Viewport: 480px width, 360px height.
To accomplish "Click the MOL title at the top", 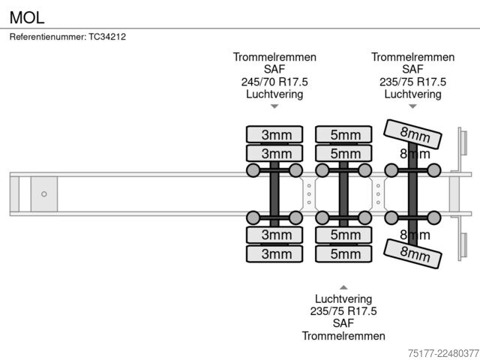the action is [27, 17].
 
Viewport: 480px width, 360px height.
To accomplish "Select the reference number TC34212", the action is [107, 37].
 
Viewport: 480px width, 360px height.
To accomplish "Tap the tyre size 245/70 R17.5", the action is [274, 82].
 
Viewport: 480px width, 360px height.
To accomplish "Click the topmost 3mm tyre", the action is [274, 134].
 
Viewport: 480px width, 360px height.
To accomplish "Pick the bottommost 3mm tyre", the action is [274, 253].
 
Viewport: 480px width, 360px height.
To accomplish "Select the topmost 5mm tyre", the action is [343, 134].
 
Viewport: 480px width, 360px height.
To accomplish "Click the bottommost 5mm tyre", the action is [343, 253].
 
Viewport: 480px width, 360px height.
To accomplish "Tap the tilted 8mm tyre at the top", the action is [412, 134].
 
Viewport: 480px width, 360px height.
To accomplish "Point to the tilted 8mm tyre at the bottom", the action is [412, 253].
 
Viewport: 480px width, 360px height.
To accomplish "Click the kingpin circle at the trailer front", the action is [44, 194].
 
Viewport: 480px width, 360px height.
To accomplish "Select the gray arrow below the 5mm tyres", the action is [343, 287].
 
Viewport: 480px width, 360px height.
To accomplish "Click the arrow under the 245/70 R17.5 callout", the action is [274, 106].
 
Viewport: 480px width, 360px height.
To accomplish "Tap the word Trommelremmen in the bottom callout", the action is [343, 336].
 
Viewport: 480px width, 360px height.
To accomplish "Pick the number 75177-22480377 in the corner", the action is [443, 353].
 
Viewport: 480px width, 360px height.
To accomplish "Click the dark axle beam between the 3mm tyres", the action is [274, 194].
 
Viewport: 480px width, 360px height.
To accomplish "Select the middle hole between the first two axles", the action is [309, 194].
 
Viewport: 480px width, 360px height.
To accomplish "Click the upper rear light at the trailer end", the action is [463, 143].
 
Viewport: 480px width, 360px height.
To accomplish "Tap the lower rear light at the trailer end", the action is [463, 245].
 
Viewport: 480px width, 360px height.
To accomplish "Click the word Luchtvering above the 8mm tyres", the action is [412, 94].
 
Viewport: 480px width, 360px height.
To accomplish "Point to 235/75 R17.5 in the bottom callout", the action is [343, 311].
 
